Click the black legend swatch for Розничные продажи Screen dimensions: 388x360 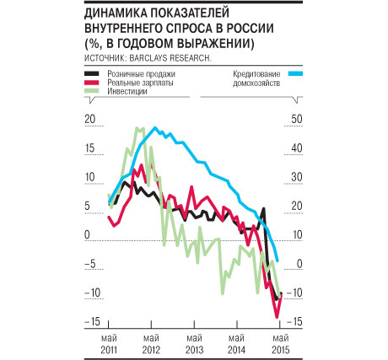point(92,73)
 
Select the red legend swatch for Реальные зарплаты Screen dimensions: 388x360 point(92,83)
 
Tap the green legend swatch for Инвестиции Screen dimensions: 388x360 point(92,91)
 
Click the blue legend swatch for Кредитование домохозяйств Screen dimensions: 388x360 point(295,73)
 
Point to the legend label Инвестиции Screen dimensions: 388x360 point(127,91)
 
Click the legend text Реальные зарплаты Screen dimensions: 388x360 point(140,83)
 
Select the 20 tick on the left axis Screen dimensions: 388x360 point(90,119)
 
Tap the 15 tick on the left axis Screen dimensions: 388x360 point(89,148)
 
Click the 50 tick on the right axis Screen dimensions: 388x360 point(297,119)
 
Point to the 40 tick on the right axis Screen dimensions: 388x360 point(297,148)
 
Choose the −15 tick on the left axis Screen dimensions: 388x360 point(92,321)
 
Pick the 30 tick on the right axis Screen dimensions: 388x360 point(297,177)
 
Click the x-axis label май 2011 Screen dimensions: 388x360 point(109,344)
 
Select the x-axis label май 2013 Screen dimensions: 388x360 point(194,344)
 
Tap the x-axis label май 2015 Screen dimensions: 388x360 point(281,344)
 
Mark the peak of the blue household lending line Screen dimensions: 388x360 point(155,128)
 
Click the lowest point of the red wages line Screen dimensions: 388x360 point(277,317)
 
